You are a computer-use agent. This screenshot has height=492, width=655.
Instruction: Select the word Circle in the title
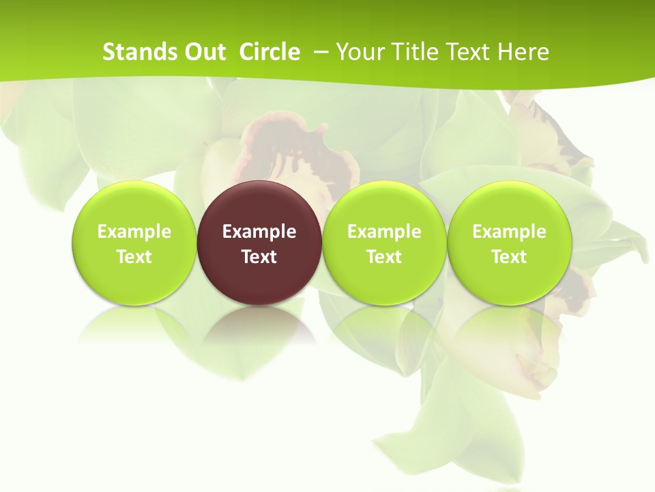[270, 52]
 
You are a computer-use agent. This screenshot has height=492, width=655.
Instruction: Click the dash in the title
[321, 52]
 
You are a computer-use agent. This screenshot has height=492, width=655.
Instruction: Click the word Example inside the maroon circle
[259, 232]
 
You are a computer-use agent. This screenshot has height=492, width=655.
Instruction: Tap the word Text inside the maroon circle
[259, 257]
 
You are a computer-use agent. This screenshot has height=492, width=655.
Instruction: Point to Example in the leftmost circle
[134, 232]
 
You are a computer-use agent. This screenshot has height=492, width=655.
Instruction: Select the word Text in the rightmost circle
[509, 257]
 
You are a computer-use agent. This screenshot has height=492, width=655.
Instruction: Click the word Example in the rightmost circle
[509, 232]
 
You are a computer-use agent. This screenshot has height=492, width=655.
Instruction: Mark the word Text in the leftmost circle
[134, 257]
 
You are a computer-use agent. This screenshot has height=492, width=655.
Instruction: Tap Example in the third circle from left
[384, 232]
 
